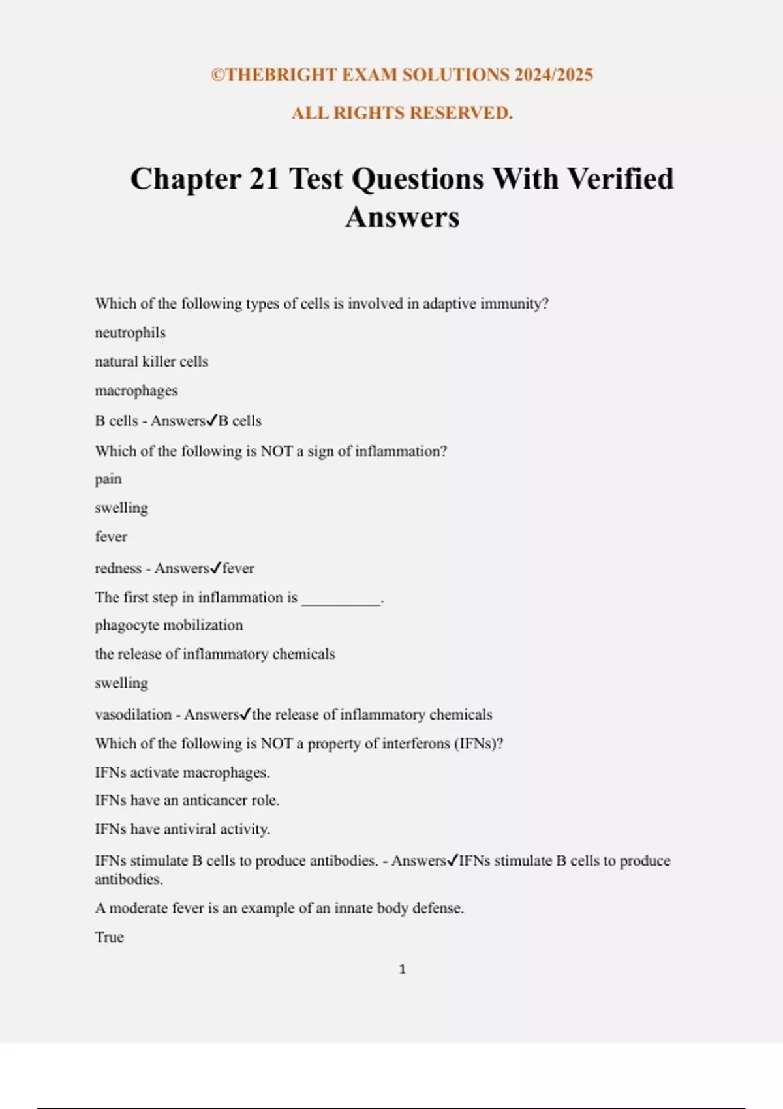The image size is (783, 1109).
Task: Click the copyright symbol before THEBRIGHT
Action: pos(217,75)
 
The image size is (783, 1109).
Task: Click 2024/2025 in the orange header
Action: pos(553,75)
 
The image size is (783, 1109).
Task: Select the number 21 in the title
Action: pos(264,178)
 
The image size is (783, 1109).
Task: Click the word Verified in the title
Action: pos(620,178)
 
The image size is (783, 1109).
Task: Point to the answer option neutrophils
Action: pos(130,333)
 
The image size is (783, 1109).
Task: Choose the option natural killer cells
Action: pos(151,361)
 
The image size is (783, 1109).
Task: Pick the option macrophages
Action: pos(136,391)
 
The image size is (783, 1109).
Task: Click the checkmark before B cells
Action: pos(211,421)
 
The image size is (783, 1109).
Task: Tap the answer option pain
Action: pos(108,479)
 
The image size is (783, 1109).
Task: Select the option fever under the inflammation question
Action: pos(111,537)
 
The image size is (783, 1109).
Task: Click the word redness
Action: pos(118,568)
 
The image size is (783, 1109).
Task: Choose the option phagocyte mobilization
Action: pos(168,625)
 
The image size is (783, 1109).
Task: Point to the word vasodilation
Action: pos(133,714)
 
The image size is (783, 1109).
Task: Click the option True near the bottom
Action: pos(109,937)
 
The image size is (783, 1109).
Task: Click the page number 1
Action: pos(402,969)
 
